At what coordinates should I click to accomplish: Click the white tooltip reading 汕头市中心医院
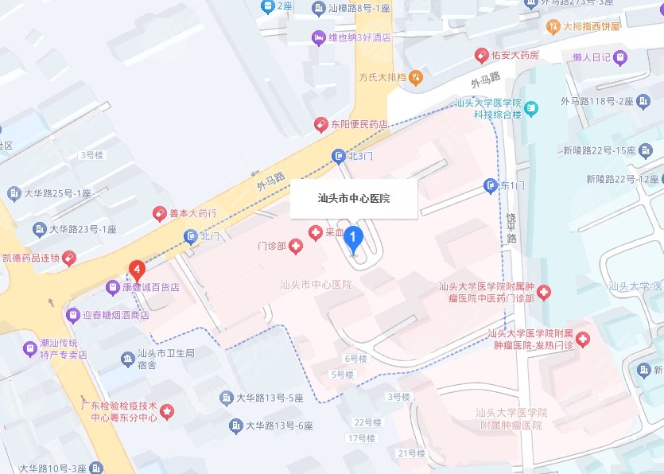pyautogui.click(x=354, y=198)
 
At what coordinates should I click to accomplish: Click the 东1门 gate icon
pyautogui.click(x=491, y=185)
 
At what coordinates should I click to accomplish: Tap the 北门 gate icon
pyautogui.click(x=191, y=235)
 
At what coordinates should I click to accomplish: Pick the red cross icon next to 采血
pyautogui.click(x=315, y=232)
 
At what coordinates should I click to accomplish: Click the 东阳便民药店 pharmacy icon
pyautogui.click(x=320, y=125)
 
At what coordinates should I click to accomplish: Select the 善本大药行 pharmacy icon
pyautogui.click(x=159, y=214)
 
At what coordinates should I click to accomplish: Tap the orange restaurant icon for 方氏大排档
pyautogui.click(x=417, y=77)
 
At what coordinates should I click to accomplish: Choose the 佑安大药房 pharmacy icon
pyautogui.click(x=481, y=55)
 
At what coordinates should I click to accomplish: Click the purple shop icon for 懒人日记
pyautogui.click(x=619, y=57)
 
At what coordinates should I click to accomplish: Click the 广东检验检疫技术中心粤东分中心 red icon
pyautogui.click(x=167, y=411)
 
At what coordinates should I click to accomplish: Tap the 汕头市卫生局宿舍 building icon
pyautogui.click(x=127, y=359)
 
